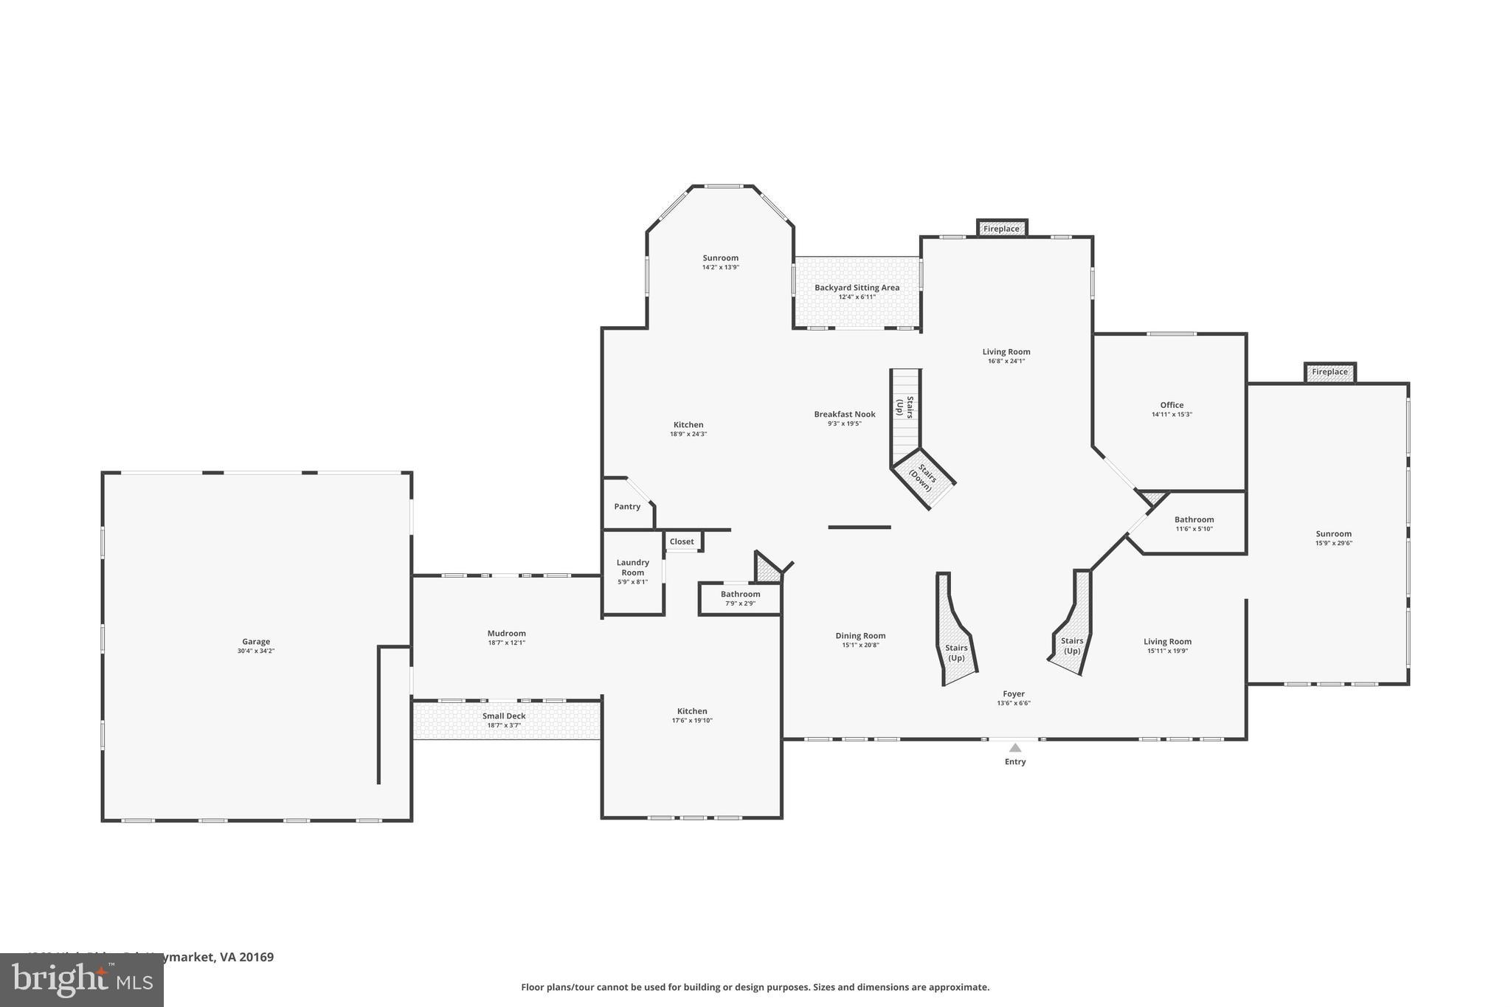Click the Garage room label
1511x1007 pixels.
pos(256,642)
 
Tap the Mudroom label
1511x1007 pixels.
pos(506,633)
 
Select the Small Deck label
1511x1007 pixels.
pos(504,716)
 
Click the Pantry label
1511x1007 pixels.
pos(627,506)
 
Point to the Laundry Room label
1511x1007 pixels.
pos(632,567)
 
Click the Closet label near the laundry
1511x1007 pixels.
pos(682,541)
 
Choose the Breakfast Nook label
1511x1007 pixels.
pos(844,415)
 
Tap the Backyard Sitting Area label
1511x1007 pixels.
pos(857,288)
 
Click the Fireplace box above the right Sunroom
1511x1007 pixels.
pos(1330,372)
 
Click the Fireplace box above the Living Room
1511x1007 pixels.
pos(1001,229)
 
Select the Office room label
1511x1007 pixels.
pos(1172,405)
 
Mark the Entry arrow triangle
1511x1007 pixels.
pos(1015,748)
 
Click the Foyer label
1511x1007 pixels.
pos(1013,693)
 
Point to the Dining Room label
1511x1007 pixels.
pos(860,636)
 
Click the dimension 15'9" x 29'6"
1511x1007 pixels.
pos(1333,544)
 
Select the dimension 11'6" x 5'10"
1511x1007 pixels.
pos(1193,529)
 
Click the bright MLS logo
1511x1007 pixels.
pos(81,980)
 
